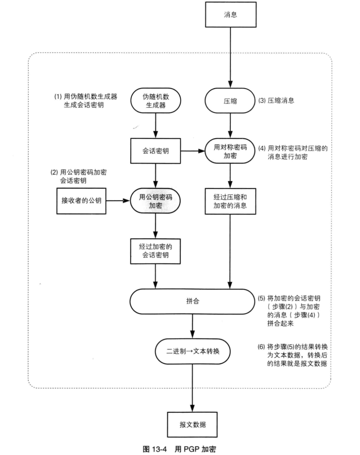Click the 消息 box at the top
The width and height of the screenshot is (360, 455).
pyautogui.click(x=231, y=15)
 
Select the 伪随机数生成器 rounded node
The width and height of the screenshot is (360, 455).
pyautogui.click(x=156, y=101)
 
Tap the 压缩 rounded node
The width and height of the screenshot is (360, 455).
pyautogui.click(x=230, y=101)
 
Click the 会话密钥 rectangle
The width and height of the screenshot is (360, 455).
pyautogui.click(x=156, y=151)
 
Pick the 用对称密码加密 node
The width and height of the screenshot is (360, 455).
pyautogui.click(x=230, y=151)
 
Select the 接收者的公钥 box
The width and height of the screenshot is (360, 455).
pyautogui.click(x=81, y=201)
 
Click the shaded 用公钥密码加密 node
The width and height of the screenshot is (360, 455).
pyautogui.click(x=156, y=201)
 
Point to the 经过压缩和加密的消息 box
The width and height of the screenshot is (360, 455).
pyautogui.click(x=230, y=201)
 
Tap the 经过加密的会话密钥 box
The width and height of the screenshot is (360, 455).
pyautogui.click(x=156, y=251)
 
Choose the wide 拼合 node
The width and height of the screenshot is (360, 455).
pyautogui.click(x=192, y=301)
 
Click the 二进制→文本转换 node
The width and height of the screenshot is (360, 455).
pyautogui.click(x=192, y=351)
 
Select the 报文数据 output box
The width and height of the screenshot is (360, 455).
pyautogui.click(x=192, y=424)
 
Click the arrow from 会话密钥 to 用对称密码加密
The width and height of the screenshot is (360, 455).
pyautogui.click(x=193, y=151)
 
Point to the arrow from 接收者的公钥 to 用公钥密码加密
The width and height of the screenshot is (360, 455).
pyautogui.click(x=118, y=201)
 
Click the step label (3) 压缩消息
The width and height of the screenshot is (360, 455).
pyautogui.click(x=276, y=101)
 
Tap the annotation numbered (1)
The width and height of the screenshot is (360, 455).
pyautogui.click(x=86, y=101)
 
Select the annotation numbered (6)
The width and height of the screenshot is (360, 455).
pyautogui.click(x=293, y=355)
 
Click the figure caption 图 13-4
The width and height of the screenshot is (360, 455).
pyautogui.click(x=155, y=449)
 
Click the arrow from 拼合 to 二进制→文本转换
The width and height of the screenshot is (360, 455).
pyautogui.click(x=192, y=326)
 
